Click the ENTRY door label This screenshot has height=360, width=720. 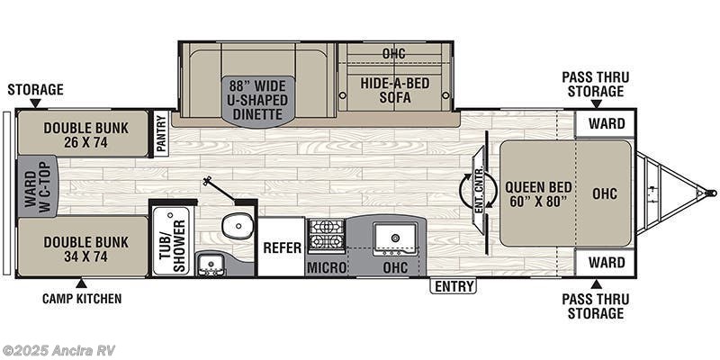click(454, 286)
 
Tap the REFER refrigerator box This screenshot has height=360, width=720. click(282, 247)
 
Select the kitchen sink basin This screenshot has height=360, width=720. click(395, 238)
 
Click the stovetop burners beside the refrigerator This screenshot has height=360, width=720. click(326, 236)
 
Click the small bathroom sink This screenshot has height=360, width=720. click(211, 265)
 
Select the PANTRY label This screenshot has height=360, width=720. click(161, 133)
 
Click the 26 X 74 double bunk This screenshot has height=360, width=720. click(83, 133)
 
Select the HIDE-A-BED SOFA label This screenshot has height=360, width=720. click(394, 90)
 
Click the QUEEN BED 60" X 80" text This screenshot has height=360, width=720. click(538, 194)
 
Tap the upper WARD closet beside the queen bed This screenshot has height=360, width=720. click(605, 123)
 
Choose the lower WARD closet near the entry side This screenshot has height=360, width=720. click(605, 263)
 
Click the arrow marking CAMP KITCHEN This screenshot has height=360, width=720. click(82, 283)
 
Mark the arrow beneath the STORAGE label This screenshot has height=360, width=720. click(35, 103)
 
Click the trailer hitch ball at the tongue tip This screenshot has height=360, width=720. click(712, 193)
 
